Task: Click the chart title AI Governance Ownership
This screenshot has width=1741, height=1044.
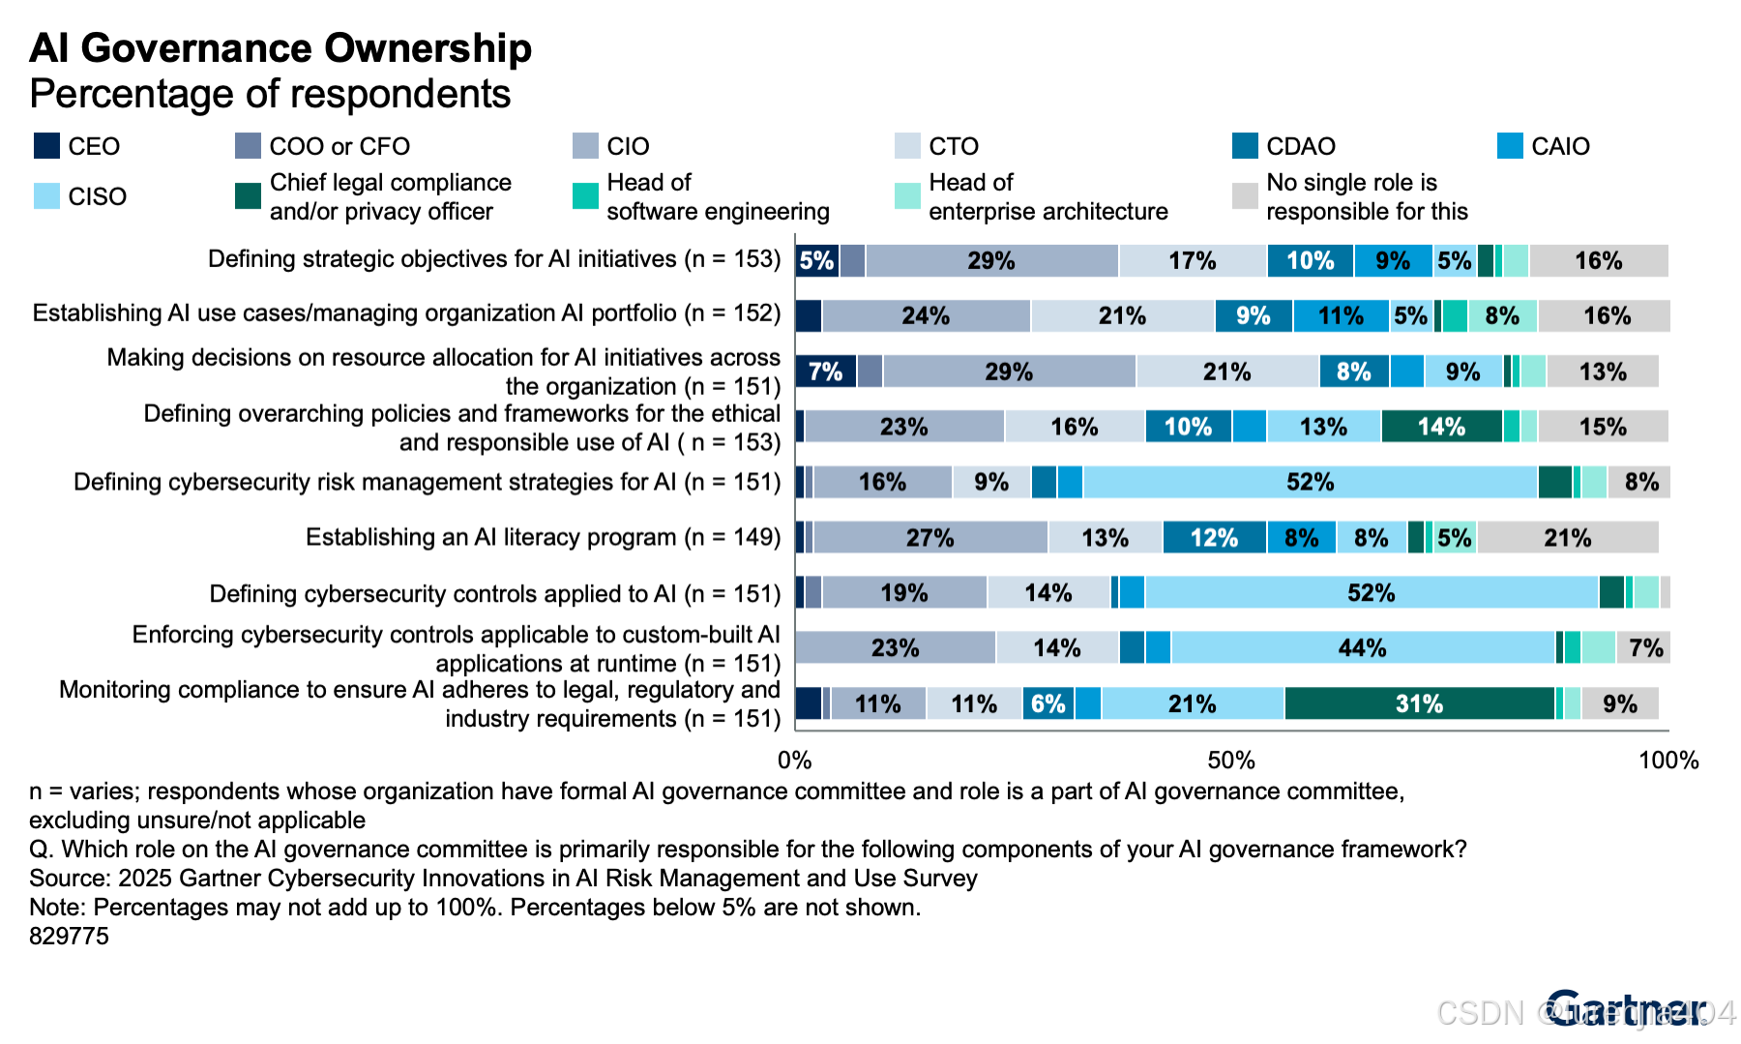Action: coord(280,48)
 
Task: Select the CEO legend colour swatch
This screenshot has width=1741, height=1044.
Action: coord(46,146)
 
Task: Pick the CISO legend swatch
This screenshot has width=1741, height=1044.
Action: coord(46,196)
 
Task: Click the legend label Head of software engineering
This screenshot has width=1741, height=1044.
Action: coord(717,196)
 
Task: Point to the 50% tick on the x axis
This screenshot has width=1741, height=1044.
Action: coord(1231,761)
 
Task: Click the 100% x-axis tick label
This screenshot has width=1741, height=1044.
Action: coord(1667,761)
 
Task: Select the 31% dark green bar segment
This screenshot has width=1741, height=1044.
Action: coord(1419,703)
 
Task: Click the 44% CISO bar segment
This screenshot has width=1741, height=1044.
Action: coord(1362,647)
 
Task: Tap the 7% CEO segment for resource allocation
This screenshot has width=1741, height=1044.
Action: coord(825,372)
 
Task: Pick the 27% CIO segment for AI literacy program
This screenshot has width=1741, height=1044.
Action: coord(930,538)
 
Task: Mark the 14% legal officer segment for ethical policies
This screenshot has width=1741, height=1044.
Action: coord(1441,427)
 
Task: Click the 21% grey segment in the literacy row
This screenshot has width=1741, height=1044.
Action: coord(1567,538)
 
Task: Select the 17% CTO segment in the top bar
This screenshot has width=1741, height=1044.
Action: coord(1192,261)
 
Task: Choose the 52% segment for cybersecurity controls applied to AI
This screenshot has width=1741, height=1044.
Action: coord(1371,593)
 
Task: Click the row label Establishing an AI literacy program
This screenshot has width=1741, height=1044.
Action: coord(543,538)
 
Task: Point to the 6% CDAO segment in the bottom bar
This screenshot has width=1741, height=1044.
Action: coord(1048,703)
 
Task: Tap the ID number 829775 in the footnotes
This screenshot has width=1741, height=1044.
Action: coord(69,936)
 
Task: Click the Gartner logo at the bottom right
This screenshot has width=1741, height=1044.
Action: coord(1625,1010)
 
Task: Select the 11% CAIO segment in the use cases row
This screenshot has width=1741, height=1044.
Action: coord(1341,316)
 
